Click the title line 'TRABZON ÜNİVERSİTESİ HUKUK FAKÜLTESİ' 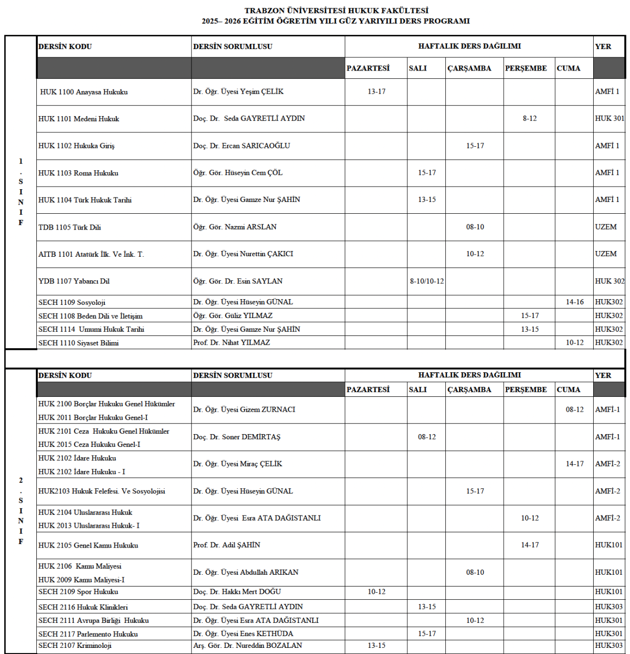(x=336, y=11)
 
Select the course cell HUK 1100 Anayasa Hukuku (x=84, y=92)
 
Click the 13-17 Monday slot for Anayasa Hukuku (x=376, y=92)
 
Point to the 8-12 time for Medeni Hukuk (x=529, y=119)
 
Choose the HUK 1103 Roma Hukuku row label (x=78, y=173)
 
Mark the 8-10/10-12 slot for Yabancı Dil (x=426, y=281)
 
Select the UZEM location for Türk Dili (x=605, y=227)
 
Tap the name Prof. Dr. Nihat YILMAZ (x=231, y=343)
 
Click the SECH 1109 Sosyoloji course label (x=72, y=302)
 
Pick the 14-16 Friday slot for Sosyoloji (x=574, y=302)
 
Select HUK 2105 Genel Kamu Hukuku (x=88, y=546)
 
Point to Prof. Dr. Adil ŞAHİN (x=227, y=545)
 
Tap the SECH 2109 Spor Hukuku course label (x=78, y=592)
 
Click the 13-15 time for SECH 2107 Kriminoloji (x=376, y=645)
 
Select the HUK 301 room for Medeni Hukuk (x=610, y=119)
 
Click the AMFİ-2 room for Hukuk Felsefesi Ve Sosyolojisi (x=607, y=491)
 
